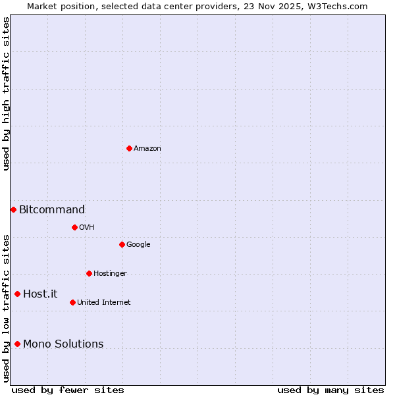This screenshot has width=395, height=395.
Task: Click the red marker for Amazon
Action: pos(129,148)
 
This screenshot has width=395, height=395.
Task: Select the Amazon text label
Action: pos(147,149)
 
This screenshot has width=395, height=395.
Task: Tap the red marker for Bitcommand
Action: pos(13,209)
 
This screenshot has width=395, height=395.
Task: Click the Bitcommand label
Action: pos(52,210)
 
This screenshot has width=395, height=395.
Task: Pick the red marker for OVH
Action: pos(74,227)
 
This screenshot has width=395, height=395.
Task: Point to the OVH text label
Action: pos(86,228)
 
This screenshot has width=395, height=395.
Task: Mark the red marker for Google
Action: pos(122,244)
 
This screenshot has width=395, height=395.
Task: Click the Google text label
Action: pos(138,245)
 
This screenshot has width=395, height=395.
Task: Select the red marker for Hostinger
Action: pos(89,273)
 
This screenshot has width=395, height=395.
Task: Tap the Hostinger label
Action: pos(110,274)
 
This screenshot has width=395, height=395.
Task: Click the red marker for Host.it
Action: pos(18,294)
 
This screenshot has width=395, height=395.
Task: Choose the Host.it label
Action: pos(40,294)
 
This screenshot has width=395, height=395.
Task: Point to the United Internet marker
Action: pos(72,302)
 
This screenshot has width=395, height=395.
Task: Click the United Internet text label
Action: pos(103,303)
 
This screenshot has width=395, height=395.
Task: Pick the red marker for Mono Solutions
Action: pos(18,344)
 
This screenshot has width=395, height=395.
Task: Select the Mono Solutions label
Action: pos(63,344)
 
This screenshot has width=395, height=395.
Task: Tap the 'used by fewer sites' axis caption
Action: pos(68,390)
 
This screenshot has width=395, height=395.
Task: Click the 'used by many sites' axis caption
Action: pos(330,390)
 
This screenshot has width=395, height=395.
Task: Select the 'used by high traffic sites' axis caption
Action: pos(6,93)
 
